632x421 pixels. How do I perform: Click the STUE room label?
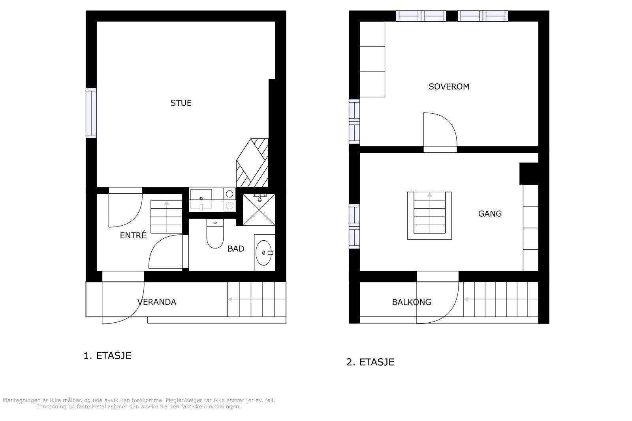coord(181,103)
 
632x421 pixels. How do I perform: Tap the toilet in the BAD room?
coord(215,234)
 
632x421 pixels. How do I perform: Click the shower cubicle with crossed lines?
coord(258,210)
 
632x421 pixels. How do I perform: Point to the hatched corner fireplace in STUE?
coord(253,163)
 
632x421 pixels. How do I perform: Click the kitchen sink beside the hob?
coord(201,198)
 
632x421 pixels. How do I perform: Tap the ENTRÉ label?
coord(133,236)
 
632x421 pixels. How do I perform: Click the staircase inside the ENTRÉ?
coord(166,217)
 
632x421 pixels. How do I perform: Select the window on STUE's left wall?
coord(91,113)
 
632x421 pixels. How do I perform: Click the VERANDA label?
coord(157,302)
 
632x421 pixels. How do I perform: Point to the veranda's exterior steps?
coord(256,299)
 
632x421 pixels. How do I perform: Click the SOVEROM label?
coord(449,86)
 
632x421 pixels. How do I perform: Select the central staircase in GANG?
coord(429,215)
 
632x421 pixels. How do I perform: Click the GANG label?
coord(490,213)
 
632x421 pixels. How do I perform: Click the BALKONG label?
coord(412,302)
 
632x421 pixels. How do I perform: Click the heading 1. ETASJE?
coord(107,356)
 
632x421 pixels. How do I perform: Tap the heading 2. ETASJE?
coord(370,362)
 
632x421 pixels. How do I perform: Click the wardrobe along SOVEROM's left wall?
coord(372,59)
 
